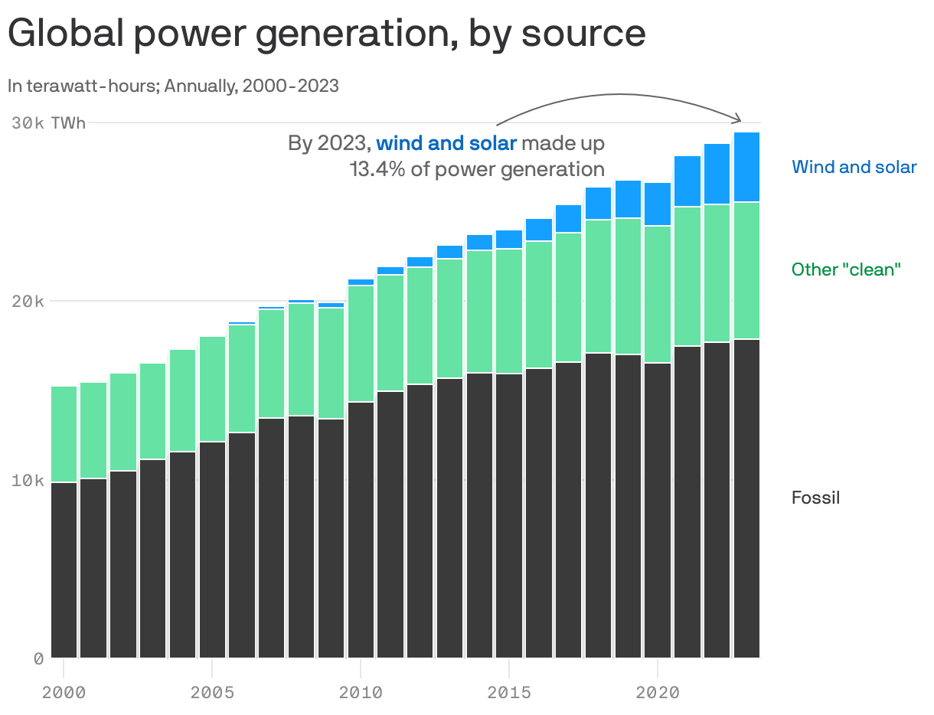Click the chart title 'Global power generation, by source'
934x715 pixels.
point(326,34)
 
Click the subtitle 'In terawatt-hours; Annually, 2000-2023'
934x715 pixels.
point(173,86)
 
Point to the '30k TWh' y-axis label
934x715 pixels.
point(49,122)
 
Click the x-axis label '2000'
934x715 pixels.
point(64,693)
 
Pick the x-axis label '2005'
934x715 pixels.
point(212,693)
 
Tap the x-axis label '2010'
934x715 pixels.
point(361,693)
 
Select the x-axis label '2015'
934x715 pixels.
point(509,693)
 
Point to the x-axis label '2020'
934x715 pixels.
point(658,693)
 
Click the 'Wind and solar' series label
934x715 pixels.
point(854,167)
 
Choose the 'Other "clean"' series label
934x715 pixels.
point(846,269)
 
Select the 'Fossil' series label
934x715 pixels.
point(815,498)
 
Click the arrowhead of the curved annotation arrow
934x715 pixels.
point(739,119)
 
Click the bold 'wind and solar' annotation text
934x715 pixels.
point(446,143)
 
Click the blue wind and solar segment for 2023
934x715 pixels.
point(746,167)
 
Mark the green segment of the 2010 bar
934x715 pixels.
point(361,344)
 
